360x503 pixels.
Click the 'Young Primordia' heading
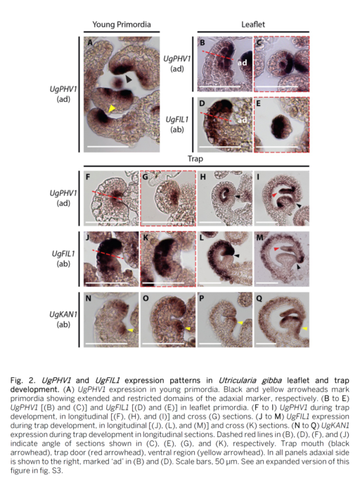(x=122, y=25)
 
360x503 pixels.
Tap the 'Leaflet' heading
(x=253, y=25)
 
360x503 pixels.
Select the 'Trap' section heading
(x=195, y=159)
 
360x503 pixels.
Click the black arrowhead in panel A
(x=129, y=79)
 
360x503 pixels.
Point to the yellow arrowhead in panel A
(x=111, y=108)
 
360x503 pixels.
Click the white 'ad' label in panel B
(x=242, y=63)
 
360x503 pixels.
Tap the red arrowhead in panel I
(x=274, y=195)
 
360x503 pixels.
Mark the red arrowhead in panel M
(x=276, y=249)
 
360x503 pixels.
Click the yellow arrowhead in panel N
(x=131, y=329)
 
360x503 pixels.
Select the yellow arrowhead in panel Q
(x=304, y=329)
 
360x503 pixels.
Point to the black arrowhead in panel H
(x=238, y=196)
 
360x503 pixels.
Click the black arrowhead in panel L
(x=237, y=255)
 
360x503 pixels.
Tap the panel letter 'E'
(x=258, y=103)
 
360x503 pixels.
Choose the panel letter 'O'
(x=146, y=299)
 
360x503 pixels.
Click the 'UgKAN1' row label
(x=63, y=315)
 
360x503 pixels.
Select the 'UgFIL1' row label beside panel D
(x=177, y=119)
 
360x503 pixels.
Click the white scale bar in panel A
(x=108, y=147)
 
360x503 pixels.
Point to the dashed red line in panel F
(x=107, y=195)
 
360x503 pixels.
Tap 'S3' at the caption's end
(x=56, y=471)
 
